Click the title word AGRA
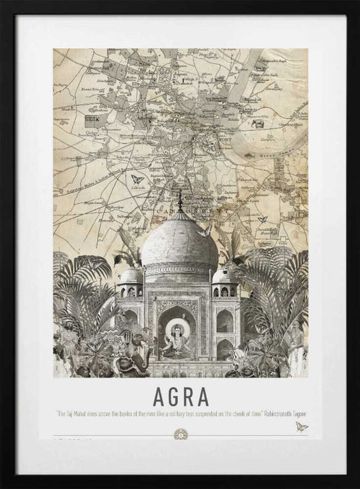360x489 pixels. point(180,393)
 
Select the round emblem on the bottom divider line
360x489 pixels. point(180,434)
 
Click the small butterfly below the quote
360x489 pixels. point(301,426)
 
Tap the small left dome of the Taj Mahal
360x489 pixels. point(132,276)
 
